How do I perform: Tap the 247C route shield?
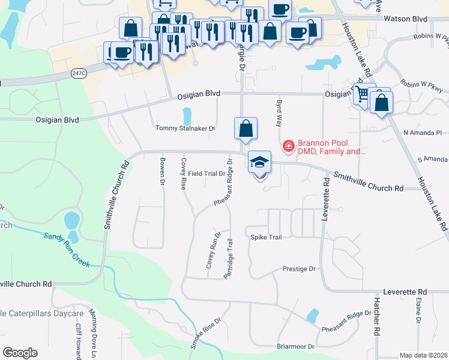[x=77, y=72]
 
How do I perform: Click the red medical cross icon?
[x=288, y=146]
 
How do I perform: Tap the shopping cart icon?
[x=361, y=94]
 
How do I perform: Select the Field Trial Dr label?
[x=206, y=173]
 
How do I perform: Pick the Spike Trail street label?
[x=266, y=238]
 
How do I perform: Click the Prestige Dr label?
[x=299, y=269]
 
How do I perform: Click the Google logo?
[x=20, y=353]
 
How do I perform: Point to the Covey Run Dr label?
[x=214, y=250]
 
